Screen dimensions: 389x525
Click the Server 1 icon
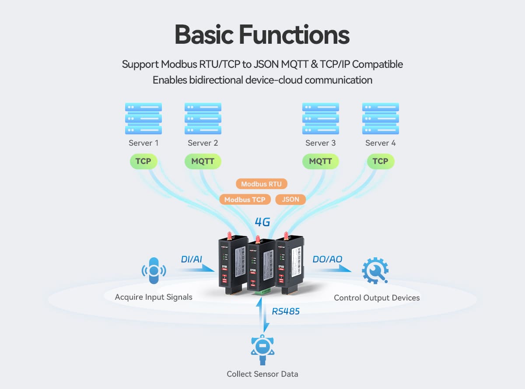tap(143, 119)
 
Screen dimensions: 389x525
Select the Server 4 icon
tap(380, 119)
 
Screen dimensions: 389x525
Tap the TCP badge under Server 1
tap(143, 161)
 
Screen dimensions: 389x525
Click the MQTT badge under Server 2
tap(203, 161)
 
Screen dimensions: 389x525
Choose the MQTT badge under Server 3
tap(320, 161)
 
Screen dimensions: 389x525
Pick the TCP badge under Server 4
tap(380, 161)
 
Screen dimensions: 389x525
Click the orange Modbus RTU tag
tap(261, 184)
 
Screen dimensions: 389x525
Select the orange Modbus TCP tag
tap(245, 200)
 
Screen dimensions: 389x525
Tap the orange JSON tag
tap(290, 200)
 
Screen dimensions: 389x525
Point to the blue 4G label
tap(262, 222)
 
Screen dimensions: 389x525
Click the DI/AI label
tap(191, 259)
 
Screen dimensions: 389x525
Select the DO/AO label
tap(327, 259)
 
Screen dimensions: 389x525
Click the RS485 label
tap(286, 312)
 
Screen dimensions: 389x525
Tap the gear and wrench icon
tap(375, 271)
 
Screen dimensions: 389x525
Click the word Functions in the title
tap(296, 35)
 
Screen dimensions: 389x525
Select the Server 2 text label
tap(203, 143)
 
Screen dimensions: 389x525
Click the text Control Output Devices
tap(377, 298)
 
